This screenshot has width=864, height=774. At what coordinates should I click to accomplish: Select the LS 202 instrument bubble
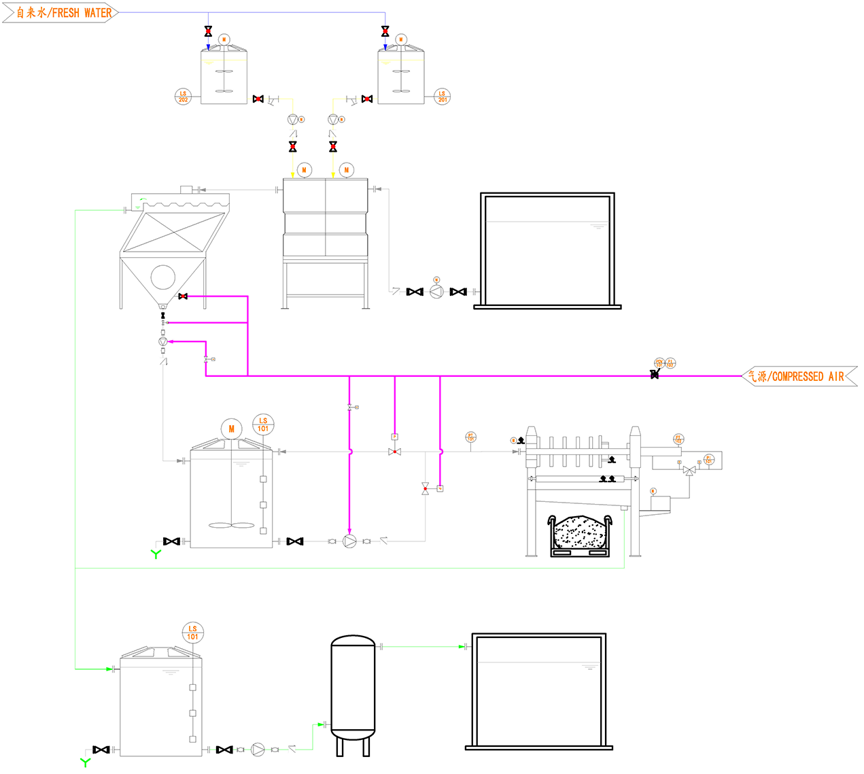click(x=183, y=97)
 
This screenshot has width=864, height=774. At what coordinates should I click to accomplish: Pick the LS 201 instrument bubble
click(x=443, y=97)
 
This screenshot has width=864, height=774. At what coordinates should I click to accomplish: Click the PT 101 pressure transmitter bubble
click(x=470, y=437)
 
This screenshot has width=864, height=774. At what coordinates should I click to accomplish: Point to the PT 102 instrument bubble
click(x=678, y=439)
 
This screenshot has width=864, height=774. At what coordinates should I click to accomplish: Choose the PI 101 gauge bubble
click(x=709, y=460)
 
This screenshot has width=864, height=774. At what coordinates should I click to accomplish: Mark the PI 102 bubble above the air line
click(x=670, y=364)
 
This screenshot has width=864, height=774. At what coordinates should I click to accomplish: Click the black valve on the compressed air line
click(x=655, y=375)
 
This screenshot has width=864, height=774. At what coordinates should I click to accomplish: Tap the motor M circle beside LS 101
click(x=232, y=428)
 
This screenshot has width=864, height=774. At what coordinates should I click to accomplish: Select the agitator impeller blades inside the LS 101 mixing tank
click(x=231, y=525)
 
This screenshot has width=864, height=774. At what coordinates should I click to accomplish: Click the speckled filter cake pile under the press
click(x=579, y=533)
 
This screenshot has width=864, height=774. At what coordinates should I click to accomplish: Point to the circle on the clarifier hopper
click(x=163, y=277)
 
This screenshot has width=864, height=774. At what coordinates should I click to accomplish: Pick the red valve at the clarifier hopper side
click(x=183, y=297)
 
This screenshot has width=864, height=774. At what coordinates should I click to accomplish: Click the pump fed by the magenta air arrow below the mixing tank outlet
click(x=349, y=541)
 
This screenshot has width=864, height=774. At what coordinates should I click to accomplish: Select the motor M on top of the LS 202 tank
click(x=224, y=39)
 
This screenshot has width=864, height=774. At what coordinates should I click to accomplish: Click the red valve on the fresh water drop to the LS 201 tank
click(x=385, y=31)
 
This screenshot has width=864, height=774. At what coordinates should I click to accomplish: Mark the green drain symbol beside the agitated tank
click(x=156, y=554)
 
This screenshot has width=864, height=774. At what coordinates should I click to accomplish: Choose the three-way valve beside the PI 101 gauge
click(x=689, y=470)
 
